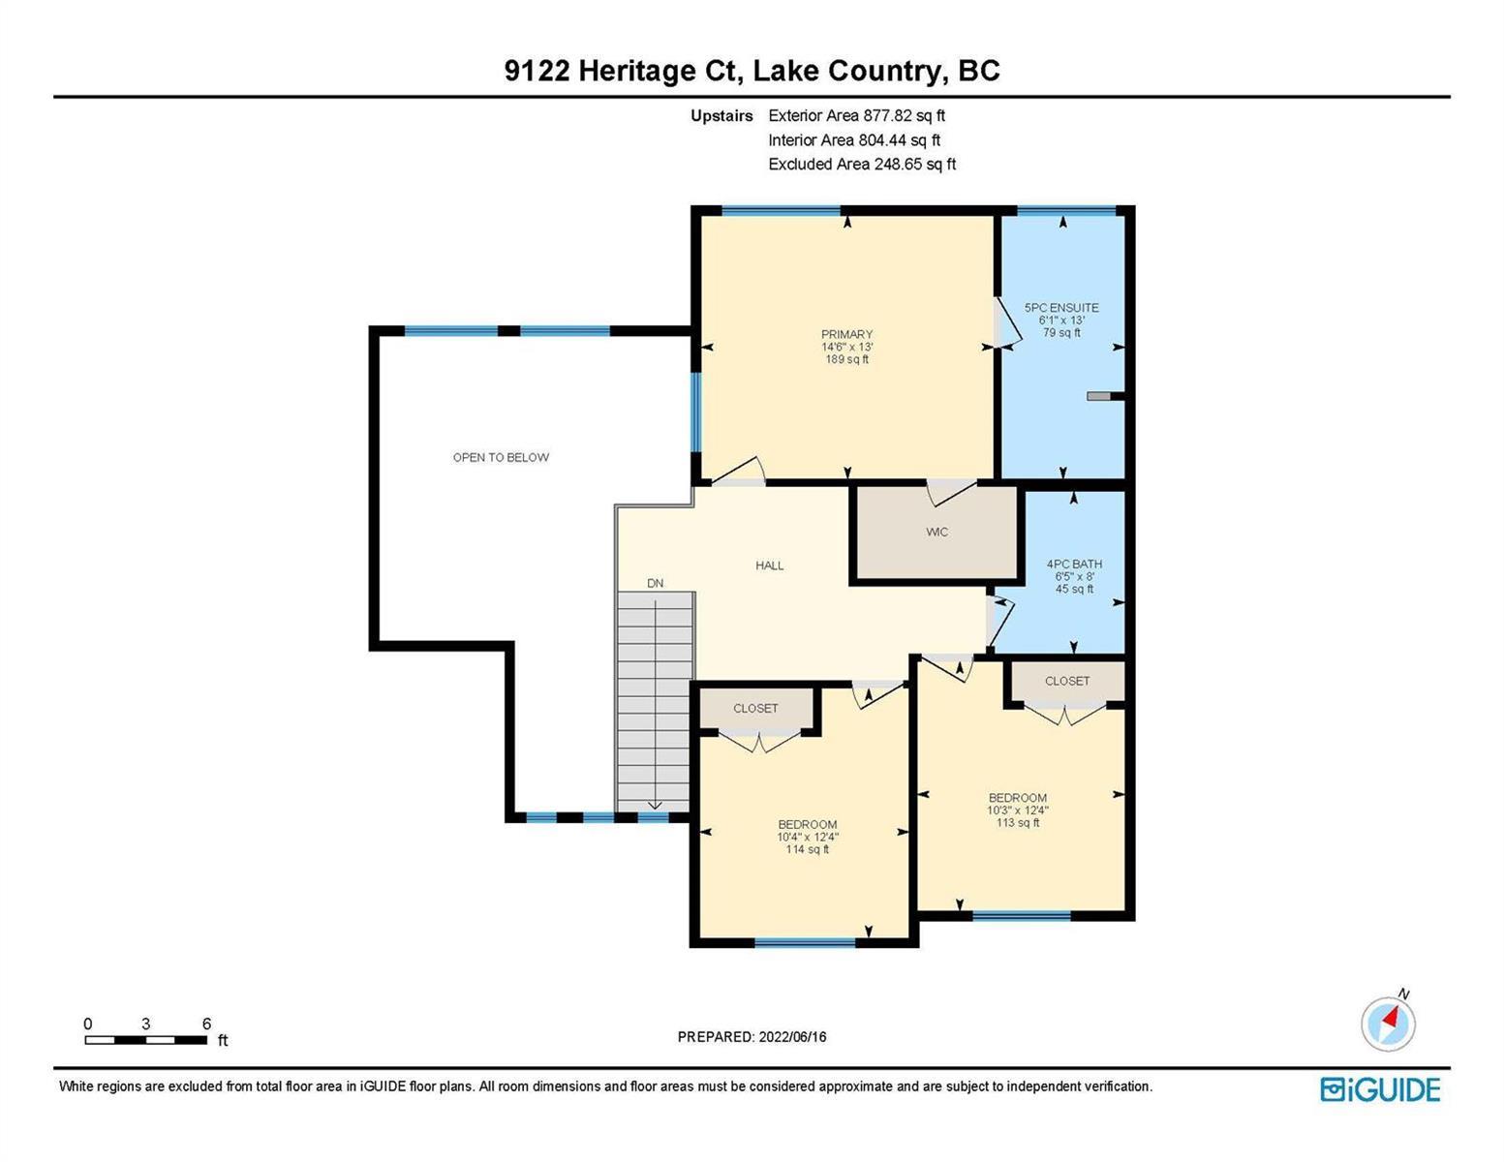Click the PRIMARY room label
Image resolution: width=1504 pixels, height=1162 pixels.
pos(846,334)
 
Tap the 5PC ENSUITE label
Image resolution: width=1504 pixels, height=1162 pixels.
pos(1061,308)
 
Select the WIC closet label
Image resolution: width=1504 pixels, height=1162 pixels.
pos(936,532)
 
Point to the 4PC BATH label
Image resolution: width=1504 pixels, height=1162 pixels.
pos(1074,564)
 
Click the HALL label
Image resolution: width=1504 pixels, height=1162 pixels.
pos(770,566)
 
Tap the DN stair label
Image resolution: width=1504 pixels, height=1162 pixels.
pos(655,584)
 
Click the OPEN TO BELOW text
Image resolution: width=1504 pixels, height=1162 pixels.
pos(501,457)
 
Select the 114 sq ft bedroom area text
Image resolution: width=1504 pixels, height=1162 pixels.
pos(807,849)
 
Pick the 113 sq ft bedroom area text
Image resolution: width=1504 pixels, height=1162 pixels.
pos(1018,822)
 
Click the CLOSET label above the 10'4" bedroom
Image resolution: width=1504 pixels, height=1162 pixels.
pos(755,708)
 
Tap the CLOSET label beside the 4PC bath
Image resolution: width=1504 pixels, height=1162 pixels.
pos(1066,681)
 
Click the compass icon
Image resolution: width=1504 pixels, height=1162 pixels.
pos(1388,1024)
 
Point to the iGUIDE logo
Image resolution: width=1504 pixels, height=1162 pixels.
pos(1380,1089)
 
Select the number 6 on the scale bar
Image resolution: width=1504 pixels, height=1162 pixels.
pos(206,1024)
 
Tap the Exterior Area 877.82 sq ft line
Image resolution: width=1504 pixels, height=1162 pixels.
pos(856,115)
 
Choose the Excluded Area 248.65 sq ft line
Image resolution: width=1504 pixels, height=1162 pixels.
pos(862,164)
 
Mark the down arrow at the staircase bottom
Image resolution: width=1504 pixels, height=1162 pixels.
pos(654,805)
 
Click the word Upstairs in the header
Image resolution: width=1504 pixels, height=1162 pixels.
pos(721,115)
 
